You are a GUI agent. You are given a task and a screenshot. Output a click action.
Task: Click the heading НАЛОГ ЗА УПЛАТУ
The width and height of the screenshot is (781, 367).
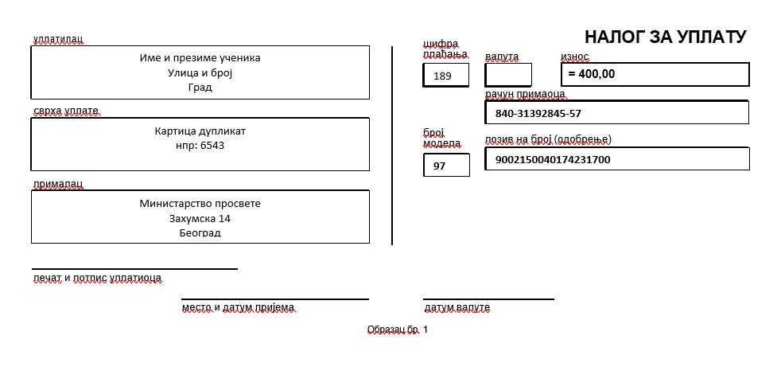click(x=666, y=37)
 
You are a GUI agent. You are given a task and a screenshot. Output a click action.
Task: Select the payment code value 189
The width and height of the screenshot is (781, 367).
click(x=442, y=76)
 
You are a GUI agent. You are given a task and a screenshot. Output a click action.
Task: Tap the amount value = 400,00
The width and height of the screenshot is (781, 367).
click(x=591, y=74)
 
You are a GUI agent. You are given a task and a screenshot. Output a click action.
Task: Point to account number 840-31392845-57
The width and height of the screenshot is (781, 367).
click(x=538, y=114)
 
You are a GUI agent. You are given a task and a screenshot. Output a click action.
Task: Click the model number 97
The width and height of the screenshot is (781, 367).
click(x=439, y=166)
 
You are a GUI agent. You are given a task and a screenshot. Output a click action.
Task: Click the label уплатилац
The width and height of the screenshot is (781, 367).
click(x=58, y=39)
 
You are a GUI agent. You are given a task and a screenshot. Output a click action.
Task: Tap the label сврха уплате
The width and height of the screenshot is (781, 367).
click(x=66, y=111)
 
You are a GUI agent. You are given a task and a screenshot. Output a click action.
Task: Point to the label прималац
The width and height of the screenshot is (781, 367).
click(x=58, y=185)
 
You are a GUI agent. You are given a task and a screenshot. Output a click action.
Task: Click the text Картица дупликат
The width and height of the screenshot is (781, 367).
click(x=200, y=131)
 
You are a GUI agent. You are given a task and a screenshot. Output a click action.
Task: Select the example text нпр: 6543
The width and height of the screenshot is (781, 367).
click(x=200, y=146)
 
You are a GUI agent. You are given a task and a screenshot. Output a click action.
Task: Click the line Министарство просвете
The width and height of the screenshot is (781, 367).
click(x=200, y=204)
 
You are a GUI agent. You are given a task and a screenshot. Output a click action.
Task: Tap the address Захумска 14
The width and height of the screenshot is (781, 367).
click(x=200, y=218)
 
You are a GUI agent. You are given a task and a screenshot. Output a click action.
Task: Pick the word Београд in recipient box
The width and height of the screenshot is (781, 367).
click(x=200, y=233)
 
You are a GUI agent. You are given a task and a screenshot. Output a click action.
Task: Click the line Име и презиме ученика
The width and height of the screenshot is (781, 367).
click(x=200, y=58)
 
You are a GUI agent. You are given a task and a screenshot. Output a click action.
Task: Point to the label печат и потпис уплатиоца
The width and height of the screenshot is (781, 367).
click(x=97, y=278)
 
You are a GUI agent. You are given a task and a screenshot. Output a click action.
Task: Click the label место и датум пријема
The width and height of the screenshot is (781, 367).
click(x=238, y=307)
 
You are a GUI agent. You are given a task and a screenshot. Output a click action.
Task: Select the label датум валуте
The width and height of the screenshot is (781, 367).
click(x=457, y=307)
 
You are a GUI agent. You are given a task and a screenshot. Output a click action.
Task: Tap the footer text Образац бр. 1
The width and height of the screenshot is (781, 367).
click(x=398, y=330)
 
